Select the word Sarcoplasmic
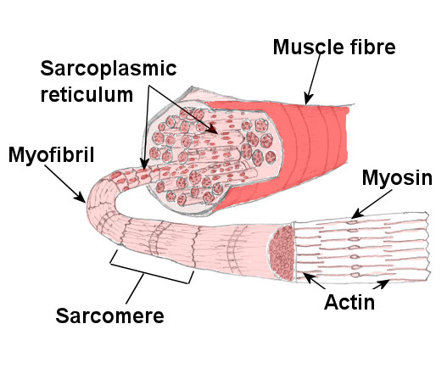[x=109, y=69]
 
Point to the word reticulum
[x=87, y=94]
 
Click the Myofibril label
[x=51, y=155]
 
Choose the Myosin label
[x=397, y=178]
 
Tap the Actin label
[x=349, y=302]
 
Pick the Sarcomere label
[x=109, y=315]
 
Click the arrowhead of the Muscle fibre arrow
[x=308, y=100]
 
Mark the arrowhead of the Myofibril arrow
[x=81, y=198]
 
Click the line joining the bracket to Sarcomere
[x=135, y=287]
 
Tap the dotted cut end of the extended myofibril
[x=282, y=252]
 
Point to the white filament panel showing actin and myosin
[x=361, y=248]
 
